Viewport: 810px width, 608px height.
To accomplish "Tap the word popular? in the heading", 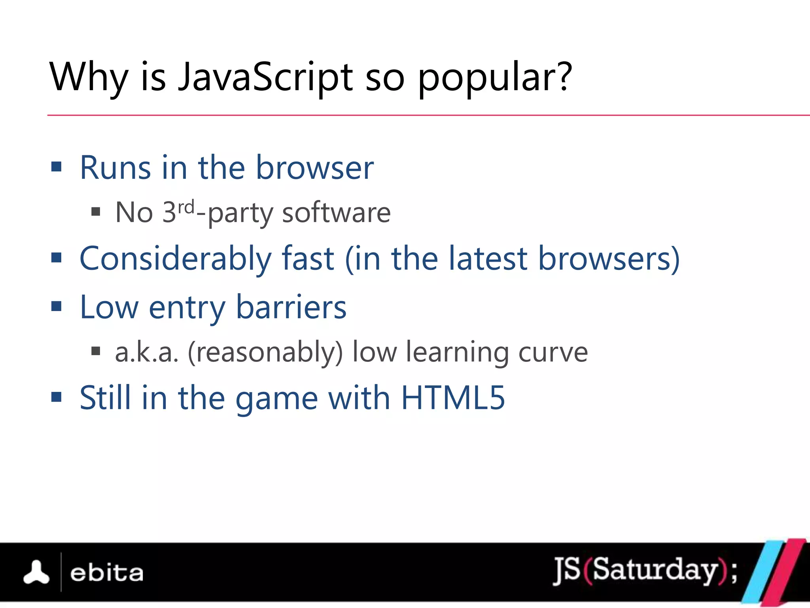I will pyautogui.click(x=494, y=78).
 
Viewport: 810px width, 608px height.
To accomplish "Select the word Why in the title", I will pyautogui.click(x=89, y=78).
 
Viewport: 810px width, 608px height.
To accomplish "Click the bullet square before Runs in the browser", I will pyautogui.click(x=57, y=167).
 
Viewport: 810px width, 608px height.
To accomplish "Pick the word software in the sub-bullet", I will pyautogui.click(x=336, y=213).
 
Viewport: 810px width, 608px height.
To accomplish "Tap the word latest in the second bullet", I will pyautogui.click(x=488, y=259).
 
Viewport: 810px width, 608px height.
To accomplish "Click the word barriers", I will pyautogui.click(x=291, y=308).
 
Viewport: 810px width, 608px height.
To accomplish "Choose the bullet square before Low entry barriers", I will pyautogui.click(x=57, y=306).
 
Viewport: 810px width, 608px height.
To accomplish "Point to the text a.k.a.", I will pyautogui.click(x=147, y=352).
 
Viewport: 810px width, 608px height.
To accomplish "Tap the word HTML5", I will pyautogui.click(x=453, y=398).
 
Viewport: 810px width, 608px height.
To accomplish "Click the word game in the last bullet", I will pyautogui.click(x=276, y=399).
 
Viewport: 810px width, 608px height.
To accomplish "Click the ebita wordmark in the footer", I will pyautogui.click(x=106, y=573).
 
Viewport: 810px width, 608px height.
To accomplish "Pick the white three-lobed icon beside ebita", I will pyautogui.click(x=36, y=572).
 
